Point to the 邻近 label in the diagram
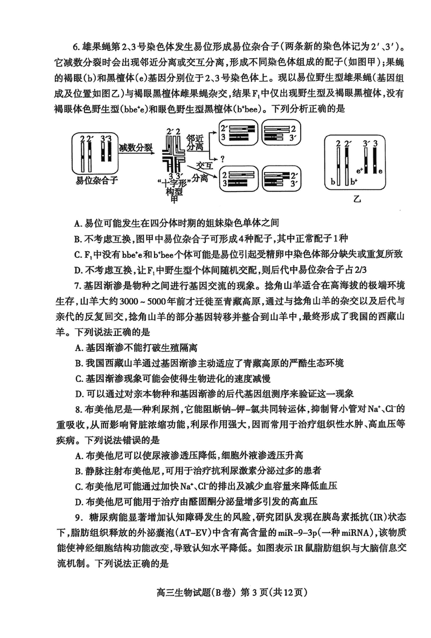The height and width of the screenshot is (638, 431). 196,138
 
